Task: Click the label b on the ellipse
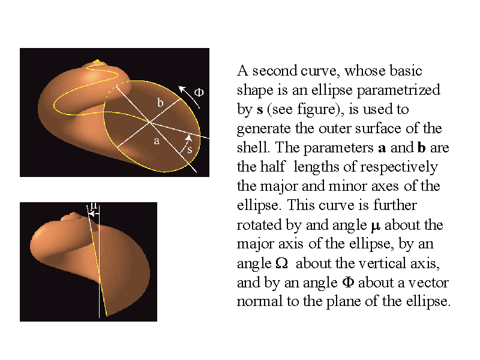pyautogui.click(x=160, y=103)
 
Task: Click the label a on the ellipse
pyautogui.click(x=157, y=141)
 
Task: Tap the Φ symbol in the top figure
pyautogui.click(x=199, y=92)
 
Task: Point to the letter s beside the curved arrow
pyautogui.click(x=190, y=149)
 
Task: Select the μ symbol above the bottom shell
pyautogui.click(x=94, y=206)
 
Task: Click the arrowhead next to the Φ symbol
pyautogui.click(x=182, y=89)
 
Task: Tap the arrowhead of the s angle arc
pyautogui.click(x=188, y=138)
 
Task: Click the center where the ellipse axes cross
pyautogui.click(x=149, y=122)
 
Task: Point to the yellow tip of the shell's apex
pyautogui.click(x=97, y=61)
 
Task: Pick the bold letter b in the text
pyautogui.click(x=422, y=147)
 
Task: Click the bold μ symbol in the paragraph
pyautogui.click(x=376, y=226)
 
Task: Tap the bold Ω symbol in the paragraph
pyautogui.click(x=281, y=263)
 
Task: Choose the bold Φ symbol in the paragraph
pyautogui.click(x=348, y=281)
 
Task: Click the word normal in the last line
pyautogui.click(x=260, y=301)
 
